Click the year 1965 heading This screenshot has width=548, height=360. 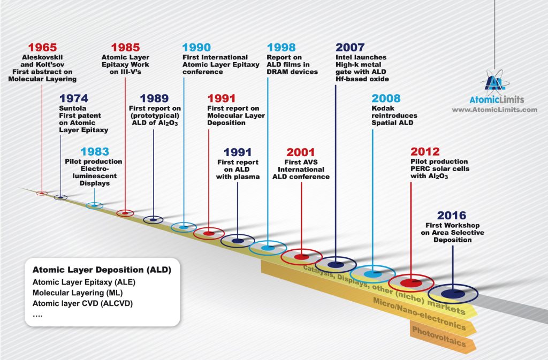(x=42, y=47)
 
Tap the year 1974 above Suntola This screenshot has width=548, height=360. (x=74, y=98)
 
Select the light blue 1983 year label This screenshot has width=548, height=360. (x=95, y=151)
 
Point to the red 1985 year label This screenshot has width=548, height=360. (x=125, y=47)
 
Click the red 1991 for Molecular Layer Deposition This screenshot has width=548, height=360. (x=222, y=98)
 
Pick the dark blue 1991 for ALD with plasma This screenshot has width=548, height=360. (x=238, y=152)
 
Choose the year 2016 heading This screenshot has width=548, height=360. (x=452, y=215)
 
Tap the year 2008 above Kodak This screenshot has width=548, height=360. (x=386, y=98)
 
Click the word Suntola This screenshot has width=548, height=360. (x=73, y=108)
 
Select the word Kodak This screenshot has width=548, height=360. (x=383, y=108)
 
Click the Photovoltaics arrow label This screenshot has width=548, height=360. (x=439, y=336)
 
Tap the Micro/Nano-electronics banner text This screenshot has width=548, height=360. (x=420, y=313)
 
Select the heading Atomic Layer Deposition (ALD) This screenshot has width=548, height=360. (x=102, y=270)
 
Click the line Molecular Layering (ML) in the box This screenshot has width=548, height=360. (x=78, y=293)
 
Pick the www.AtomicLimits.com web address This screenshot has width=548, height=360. (x=494, y=110)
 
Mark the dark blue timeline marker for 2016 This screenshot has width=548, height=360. (x=453, y=294)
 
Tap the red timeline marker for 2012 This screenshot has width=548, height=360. (x=411, y=283)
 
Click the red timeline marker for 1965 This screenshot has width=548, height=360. (x=42, y=193)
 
